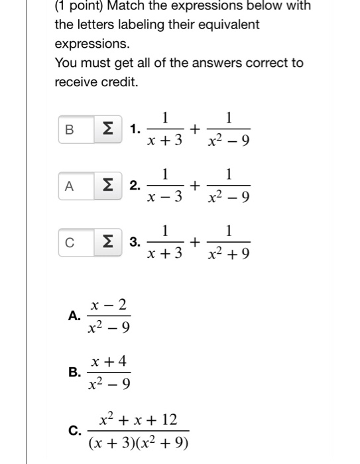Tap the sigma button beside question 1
pyautogui.click(x=106, y=129)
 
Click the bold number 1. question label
pyautogui.click(x=135, y=129)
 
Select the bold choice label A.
pyautogui.click(x=74, y=316)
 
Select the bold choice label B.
pyautogui.click(x=74, y=372)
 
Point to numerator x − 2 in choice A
pyautogui.click(x=109, y=305)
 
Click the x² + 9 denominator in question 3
pyautogui.click(x=228, y=253)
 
